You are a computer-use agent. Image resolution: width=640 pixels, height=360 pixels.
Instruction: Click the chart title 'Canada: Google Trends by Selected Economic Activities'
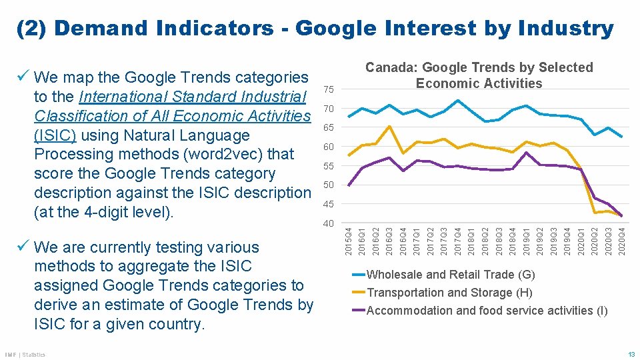[479, 75]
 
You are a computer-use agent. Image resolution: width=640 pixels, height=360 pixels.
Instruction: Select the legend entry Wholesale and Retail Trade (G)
[450, 275]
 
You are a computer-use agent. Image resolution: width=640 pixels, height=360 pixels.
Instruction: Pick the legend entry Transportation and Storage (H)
[449, 293]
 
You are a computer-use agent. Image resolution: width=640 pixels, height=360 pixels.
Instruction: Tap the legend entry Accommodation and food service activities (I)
[487, 311]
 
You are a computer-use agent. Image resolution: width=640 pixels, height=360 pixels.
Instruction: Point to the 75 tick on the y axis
[329, 89]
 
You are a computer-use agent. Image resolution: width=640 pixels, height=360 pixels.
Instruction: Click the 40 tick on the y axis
[329, 223]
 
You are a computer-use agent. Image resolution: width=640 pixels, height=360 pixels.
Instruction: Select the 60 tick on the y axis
[329, 147]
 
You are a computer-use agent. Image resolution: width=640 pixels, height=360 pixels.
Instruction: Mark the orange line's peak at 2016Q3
[389, 126]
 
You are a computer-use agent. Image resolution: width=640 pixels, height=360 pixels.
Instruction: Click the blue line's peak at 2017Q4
[457, 101]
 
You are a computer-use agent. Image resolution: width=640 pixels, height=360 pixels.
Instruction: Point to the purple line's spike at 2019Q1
[526, 153]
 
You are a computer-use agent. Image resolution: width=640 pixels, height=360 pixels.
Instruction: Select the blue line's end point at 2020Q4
[621, 137]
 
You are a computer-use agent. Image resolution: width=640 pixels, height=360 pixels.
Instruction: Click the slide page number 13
[630, 355]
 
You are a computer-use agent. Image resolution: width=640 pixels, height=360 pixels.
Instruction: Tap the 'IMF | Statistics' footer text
[25, 355]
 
